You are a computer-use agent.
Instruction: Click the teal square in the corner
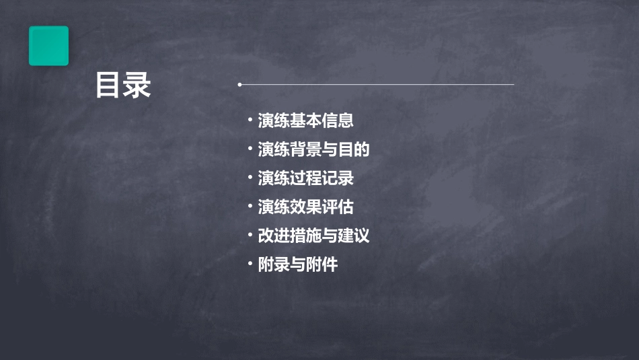point(48,46)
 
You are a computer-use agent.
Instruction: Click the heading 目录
point(123,85)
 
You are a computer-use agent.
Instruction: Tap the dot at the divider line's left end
point(239,85)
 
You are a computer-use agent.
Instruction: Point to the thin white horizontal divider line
point(377,85)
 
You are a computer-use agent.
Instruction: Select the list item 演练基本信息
point(305,121)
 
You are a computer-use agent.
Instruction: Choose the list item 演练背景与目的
point(313,149)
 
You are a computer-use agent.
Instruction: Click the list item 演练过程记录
point(305,178)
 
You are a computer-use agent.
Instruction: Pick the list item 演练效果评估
point(305,207)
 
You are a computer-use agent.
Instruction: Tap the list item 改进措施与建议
point(313,236)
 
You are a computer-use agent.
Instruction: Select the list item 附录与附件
point(297,264)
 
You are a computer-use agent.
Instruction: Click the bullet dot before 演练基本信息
point(250,121)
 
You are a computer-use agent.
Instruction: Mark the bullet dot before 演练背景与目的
point(250,149)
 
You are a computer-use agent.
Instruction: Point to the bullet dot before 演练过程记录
point(250,178)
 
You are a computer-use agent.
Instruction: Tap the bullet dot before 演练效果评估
point(250,207)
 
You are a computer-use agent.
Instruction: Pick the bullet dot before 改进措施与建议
point(250,236)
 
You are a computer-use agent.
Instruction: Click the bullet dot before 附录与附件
point(250,264)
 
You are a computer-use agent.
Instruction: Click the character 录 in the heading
point(137,85)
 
